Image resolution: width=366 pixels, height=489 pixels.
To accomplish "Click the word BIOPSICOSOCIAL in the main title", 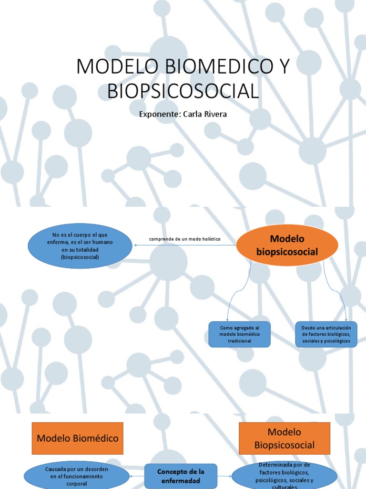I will tap(183, 91).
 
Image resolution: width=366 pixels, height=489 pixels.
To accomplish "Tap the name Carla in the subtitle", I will tap(194, 115).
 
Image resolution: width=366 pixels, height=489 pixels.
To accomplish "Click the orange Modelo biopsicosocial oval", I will tap(287, 245).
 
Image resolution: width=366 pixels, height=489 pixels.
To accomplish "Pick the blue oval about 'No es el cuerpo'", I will tap(80, 245).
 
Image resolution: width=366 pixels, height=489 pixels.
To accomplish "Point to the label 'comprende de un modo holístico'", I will tap(185, 239).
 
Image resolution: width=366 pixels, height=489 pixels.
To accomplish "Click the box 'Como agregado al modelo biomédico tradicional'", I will tap(240, 334).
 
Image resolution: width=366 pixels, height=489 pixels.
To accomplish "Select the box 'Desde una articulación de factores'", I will tap(326, 334).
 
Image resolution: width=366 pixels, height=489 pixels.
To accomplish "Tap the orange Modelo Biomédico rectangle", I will tap(78, 438).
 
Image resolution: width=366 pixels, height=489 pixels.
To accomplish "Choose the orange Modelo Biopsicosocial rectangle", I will tap(285, 438).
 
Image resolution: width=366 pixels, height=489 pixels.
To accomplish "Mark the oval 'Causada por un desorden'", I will tap(77, 476).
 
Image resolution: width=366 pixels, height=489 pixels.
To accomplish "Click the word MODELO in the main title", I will tap(111, 67).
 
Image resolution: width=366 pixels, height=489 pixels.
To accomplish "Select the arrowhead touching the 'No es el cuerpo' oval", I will tap(135, 245).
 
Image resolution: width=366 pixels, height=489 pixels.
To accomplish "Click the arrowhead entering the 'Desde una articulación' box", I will tap(346, 319).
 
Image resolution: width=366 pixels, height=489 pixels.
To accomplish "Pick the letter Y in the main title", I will tap(283, 67).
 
